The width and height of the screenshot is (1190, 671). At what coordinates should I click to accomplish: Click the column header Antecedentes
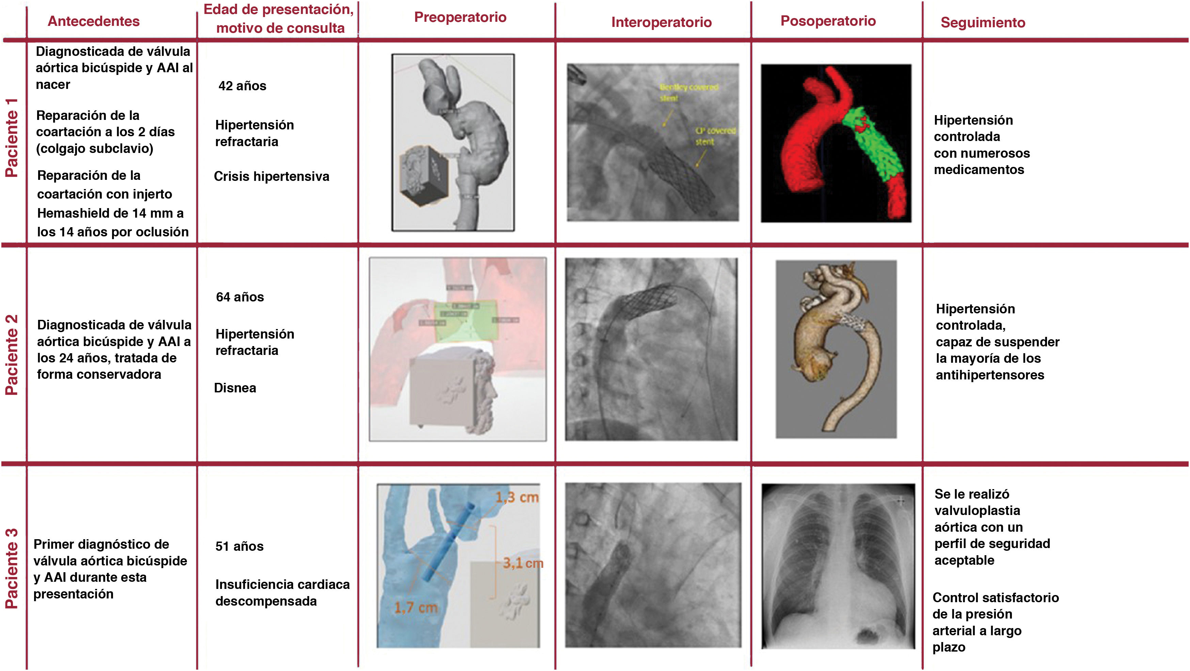click(93, 21)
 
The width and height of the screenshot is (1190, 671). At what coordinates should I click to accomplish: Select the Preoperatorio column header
click(460, 17)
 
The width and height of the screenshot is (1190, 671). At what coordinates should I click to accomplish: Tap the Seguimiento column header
click(983, 22)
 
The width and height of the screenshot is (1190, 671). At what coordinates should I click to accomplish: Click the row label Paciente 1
click(12, 138)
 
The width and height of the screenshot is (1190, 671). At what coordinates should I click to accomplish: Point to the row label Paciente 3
click(12, 568)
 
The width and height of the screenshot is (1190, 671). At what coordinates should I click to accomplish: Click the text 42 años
click(242, 86)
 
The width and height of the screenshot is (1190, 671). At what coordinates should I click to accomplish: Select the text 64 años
click(240, 297)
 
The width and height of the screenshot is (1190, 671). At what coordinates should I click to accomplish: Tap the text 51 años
click(239, 546)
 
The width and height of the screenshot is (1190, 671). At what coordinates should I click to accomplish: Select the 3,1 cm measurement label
click(522, 563)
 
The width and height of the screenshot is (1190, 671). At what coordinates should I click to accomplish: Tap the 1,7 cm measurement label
click(415, 607)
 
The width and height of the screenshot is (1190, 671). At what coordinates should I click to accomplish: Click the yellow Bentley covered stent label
click(688, 92)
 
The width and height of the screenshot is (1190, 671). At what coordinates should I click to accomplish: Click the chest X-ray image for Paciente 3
click(838, 566)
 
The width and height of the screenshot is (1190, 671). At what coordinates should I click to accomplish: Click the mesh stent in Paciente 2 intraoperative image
click(647, 300)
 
